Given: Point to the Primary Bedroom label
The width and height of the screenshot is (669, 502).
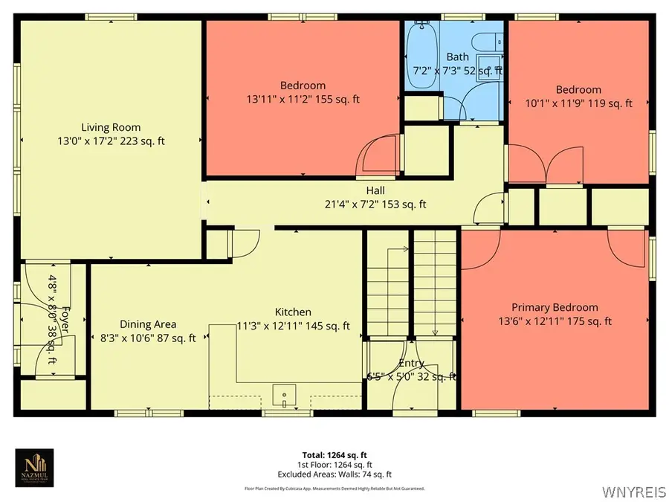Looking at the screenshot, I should click(555, 307).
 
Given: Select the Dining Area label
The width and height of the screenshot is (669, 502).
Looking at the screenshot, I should click(148, 324).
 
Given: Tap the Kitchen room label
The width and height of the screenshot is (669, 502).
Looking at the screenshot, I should click(293, 312).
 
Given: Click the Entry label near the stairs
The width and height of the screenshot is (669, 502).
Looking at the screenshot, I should click(411, 363).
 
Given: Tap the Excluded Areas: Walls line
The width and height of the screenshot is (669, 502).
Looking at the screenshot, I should click(334, 474).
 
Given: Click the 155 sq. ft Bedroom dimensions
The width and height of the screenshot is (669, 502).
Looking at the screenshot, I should click(303, 99).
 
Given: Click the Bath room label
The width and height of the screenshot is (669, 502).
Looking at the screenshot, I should click(457, 57).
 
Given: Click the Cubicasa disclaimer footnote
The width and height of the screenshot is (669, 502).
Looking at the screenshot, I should click(334, 489).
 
